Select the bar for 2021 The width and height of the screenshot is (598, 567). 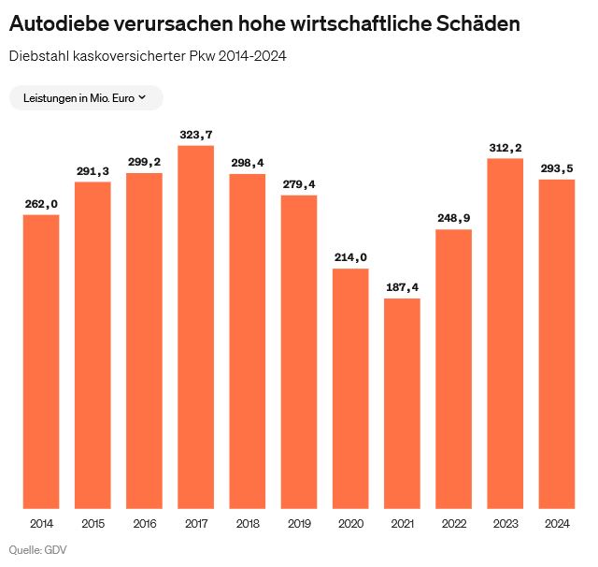point(402,401)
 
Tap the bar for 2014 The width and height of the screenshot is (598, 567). point(41,359)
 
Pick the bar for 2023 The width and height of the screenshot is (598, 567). point(505,331)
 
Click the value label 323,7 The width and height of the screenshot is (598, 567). point(196,136)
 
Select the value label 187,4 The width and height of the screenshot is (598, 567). point(402,288)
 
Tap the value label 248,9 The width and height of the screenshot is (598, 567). point(453,219)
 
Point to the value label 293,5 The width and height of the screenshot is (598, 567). point(556,168)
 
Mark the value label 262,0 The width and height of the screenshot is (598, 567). point(41,205)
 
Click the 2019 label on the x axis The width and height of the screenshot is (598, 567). point(299,523)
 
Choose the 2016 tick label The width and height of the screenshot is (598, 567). point(145,523)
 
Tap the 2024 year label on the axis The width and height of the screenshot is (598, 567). point(556,523)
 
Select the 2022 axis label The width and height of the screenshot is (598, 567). point(453,523)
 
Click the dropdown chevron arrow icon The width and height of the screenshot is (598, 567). point(142,97)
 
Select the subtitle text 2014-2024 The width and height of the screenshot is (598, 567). point(251,56)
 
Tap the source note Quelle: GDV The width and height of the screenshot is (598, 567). point(38,549)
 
